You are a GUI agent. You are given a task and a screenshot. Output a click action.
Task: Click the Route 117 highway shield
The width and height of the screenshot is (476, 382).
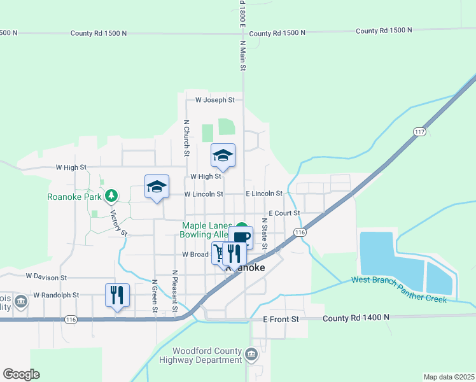click(419, 132)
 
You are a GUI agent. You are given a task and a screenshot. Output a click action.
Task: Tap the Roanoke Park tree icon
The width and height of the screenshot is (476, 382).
click(111, 195)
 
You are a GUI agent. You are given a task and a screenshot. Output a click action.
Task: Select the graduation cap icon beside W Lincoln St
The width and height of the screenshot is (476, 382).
click(157, 187)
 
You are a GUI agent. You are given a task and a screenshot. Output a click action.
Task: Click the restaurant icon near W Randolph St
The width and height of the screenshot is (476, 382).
click(117, 295)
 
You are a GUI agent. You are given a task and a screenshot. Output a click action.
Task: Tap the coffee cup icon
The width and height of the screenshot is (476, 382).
click(242, 237)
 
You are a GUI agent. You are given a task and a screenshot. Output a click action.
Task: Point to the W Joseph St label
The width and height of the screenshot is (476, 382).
click(215, 100)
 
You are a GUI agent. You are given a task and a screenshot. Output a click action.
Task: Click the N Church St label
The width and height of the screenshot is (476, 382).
click(186, 138)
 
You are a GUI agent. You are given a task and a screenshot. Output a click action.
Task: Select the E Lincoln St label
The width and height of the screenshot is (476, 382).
click(264, 194)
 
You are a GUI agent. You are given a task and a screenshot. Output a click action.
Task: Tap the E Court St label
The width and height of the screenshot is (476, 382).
click(284, 213)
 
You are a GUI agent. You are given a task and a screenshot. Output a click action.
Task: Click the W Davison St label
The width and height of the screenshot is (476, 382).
click(46, 277)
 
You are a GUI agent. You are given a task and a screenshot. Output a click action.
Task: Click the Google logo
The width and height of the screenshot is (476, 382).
click(21, 374)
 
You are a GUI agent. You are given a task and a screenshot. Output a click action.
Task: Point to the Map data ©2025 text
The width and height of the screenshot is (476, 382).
click(449, 377)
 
